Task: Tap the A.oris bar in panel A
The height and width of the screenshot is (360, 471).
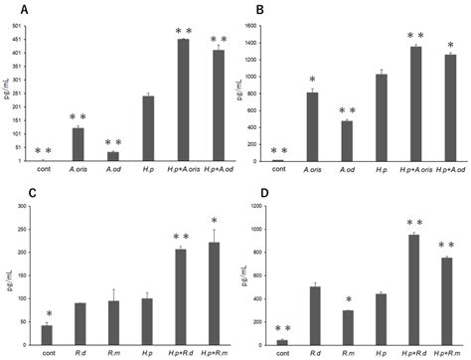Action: click(78, 144)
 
